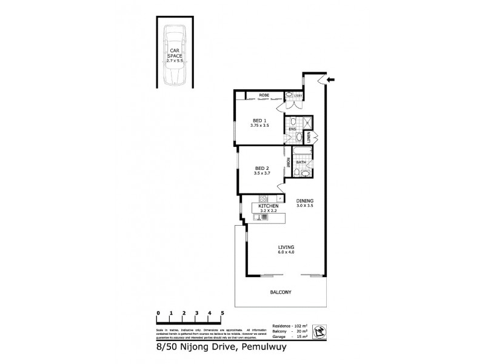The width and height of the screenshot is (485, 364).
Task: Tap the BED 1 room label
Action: [259, 120]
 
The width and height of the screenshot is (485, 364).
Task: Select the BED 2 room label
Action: [261, 168]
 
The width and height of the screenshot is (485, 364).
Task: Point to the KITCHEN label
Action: [268, 206]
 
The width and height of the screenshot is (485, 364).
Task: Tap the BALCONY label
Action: [281, 292]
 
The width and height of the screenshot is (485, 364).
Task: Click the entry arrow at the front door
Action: [330, 78]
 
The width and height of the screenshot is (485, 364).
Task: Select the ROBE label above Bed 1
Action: [264, 95]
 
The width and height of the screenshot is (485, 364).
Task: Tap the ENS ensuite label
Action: [292, 129]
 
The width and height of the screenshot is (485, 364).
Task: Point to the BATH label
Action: [300, 163]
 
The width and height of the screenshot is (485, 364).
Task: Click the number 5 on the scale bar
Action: [222, 313]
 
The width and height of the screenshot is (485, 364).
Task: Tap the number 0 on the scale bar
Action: [158, 313]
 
